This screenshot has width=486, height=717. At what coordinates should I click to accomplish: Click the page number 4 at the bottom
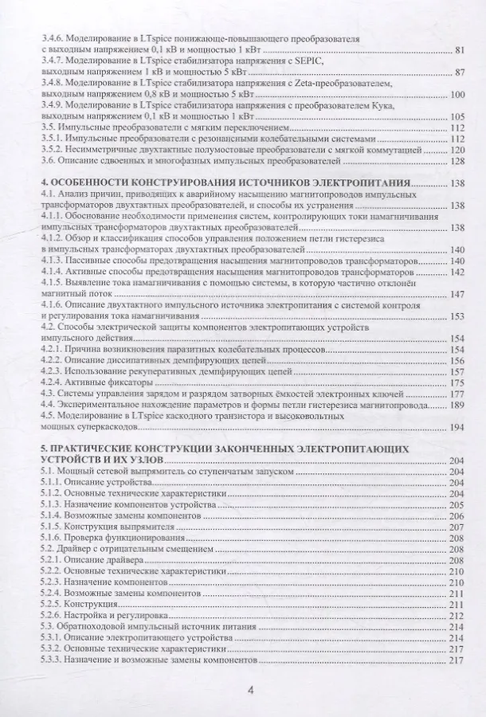(250, 692)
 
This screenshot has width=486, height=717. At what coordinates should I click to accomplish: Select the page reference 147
(457, 293)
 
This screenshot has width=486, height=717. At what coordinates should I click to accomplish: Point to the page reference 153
(457, 315)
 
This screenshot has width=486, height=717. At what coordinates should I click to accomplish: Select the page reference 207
(457, 527)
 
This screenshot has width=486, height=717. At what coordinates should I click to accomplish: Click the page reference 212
(457, 615)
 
